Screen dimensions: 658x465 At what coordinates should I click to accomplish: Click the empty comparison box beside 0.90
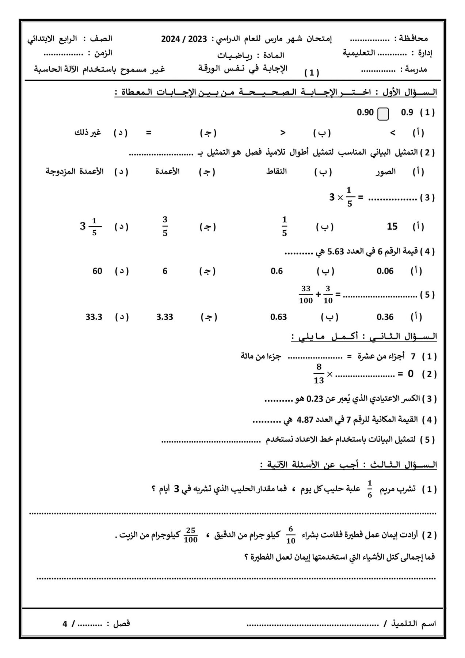(383, 114)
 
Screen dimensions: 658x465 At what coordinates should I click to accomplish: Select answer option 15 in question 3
(392, 227)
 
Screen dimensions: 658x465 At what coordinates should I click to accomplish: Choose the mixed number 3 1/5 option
(91, 227)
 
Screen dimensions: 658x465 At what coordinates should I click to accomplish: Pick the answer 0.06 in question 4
(385, 271)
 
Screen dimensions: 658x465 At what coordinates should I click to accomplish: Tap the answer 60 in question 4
(97, 271)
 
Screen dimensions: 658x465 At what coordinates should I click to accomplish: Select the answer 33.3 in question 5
(94, 317)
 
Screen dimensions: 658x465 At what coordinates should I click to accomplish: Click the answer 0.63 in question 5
(278, 317)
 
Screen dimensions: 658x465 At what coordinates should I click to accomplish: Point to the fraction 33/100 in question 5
(306, 295)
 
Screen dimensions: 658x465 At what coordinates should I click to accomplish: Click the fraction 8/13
(319, 374)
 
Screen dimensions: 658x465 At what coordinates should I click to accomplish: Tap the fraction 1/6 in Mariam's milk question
(370, 489)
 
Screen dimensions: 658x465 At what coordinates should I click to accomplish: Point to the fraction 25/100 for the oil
(191, 535)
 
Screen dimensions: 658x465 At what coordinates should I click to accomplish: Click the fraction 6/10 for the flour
(291, 535)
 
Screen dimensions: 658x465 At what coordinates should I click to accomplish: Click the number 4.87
(305, 420)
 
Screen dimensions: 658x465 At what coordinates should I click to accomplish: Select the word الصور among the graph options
(386, 171)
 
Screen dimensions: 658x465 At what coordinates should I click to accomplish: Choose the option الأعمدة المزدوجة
(75, 171)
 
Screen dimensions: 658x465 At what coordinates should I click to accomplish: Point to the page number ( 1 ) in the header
(312, 73)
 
